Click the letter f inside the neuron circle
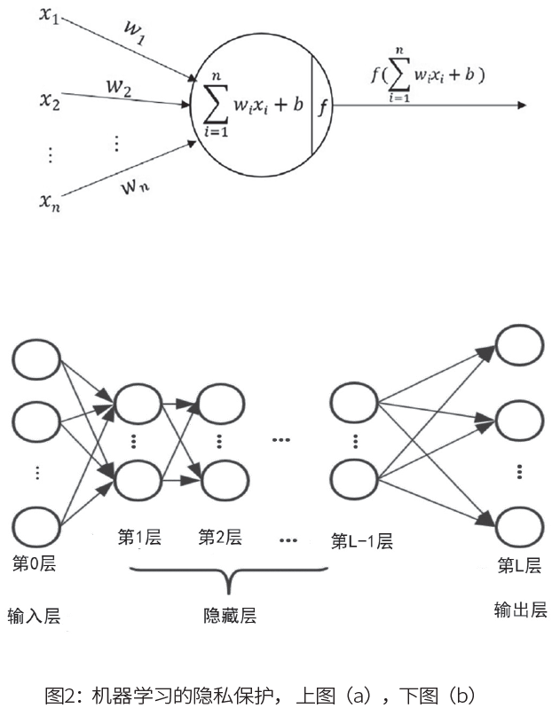pos(322,108)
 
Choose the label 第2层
pos(219,537)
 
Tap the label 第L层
pos(519,565)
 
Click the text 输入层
pos(35,616)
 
